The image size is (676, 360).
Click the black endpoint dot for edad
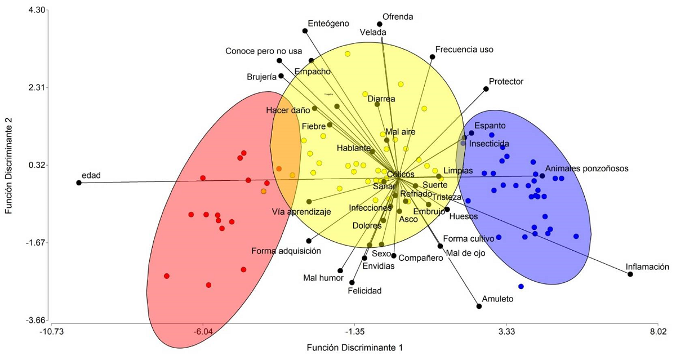coord(79,183)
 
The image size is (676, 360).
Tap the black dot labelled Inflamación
coord(630,274)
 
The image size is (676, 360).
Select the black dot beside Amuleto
coord(479,306)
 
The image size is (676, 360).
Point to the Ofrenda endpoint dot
coord(379,24)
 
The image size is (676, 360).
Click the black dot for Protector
coord(486,89)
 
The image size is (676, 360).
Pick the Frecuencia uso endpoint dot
coord(432,56)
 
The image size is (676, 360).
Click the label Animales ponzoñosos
coord(586,168)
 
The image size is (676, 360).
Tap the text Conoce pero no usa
coord(264,51)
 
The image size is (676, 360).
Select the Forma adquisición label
coord(286,251)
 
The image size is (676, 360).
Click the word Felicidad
coord(364,291)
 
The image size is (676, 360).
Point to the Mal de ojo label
coord(465,253)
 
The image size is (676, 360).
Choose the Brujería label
coord(261,77)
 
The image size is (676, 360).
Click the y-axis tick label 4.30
coord(37,10)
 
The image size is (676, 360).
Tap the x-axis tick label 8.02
coord(658,331)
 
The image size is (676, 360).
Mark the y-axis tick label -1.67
coord(37,243)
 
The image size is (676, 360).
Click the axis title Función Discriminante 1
coord(354,348)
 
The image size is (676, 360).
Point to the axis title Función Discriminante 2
coord(9,166)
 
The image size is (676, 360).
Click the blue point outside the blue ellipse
coord(521,287)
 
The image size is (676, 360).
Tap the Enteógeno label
coord(328,23)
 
